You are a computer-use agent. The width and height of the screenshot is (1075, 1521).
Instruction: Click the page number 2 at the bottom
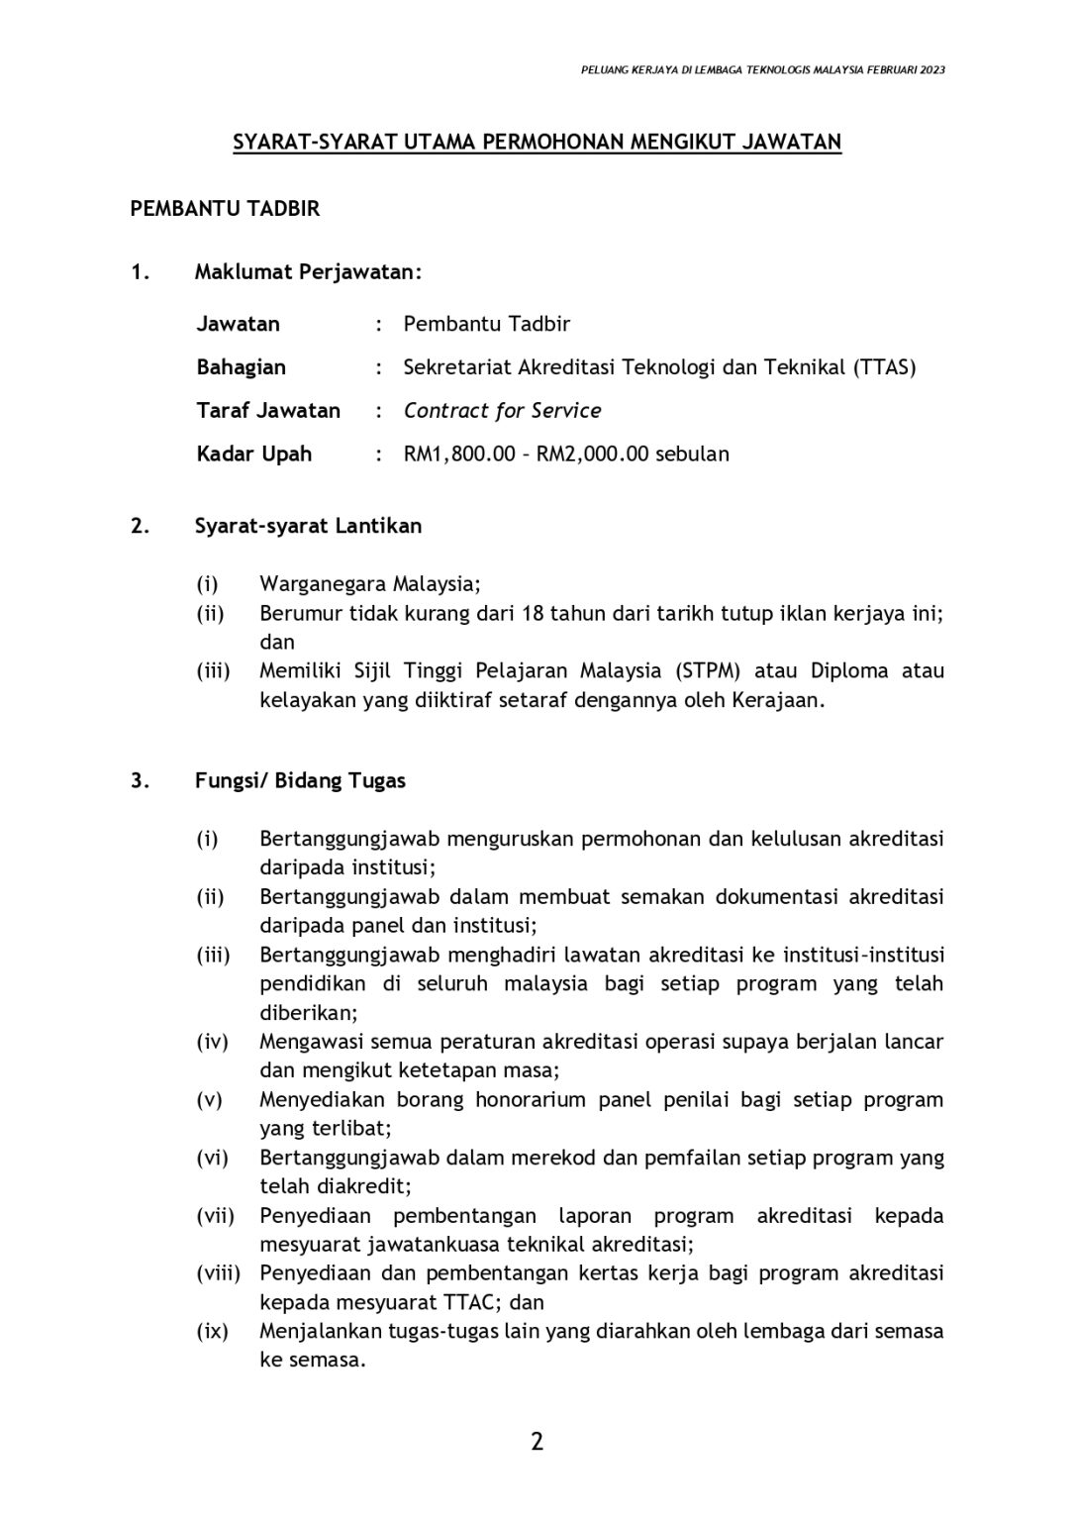(537, 1441)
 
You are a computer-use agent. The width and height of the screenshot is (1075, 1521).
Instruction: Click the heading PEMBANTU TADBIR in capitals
(225, 209)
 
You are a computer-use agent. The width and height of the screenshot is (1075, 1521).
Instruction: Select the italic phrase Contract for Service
(502, 411)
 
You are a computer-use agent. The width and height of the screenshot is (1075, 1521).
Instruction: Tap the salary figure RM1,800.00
(459, 455)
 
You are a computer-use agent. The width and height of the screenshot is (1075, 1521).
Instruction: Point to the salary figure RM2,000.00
(592, 455)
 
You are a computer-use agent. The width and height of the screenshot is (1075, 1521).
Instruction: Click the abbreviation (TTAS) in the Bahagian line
(884, 367)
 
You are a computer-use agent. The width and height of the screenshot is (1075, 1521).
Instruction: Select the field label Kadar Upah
(253, 455)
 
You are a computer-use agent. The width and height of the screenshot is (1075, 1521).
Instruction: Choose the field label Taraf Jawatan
(268, 411)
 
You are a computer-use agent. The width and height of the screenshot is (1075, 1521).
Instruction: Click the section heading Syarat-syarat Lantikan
(308, 526)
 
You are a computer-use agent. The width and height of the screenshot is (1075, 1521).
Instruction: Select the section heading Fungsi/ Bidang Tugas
(300, 780)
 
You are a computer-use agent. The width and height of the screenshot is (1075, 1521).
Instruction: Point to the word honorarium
(535, 1099)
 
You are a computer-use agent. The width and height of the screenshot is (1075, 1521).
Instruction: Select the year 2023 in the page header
(931, 70)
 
